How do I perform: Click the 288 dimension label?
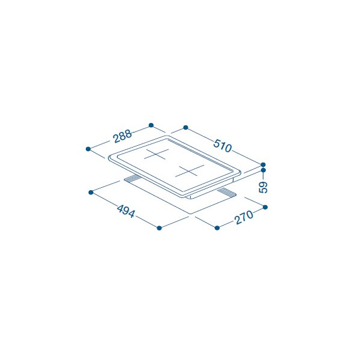click(123, 136)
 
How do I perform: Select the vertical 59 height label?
click(263, 187)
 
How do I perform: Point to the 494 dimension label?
click(125, 211)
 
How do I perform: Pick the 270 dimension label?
click(244, 217)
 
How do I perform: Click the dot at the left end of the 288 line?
click(88, 149)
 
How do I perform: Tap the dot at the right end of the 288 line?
click(151, 125)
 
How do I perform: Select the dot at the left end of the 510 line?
click(186, 127)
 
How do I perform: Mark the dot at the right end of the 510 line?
click(263, 164)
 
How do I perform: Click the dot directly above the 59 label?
click(263, 170)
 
